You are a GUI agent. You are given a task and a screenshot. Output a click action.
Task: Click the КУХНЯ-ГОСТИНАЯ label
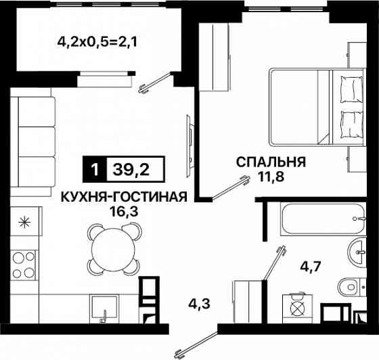123,197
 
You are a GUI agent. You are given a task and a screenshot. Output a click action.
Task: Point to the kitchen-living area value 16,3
123,210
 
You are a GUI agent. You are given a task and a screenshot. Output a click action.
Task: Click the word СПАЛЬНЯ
271,162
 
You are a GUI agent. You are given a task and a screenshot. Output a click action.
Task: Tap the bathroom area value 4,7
310,265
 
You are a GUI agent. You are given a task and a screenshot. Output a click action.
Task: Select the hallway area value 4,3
200,305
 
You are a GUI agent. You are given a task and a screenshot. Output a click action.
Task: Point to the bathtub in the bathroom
314,219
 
